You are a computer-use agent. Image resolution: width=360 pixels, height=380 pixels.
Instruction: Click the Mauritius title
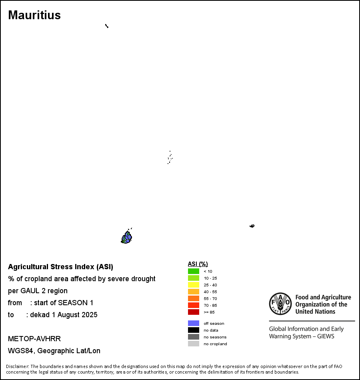pos(34,15)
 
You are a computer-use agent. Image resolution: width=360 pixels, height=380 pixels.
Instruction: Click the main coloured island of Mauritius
pos(127,238)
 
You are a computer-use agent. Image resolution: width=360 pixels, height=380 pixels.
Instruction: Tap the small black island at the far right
pos(252,226)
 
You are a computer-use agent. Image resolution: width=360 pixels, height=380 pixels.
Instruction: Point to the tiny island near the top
pos(107,26)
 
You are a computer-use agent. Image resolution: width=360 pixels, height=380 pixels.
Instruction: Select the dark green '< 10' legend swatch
pos(194,271)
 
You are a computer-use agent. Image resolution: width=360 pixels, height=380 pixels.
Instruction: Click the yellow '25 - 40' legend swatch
pos(194,285)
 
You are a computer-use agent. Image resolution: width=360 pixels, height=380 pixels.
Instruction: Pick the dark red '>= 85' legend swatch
pos(194,312)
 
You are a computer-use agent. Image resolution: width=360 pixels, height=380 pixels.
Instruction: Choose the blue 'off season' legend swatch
pos(194,323)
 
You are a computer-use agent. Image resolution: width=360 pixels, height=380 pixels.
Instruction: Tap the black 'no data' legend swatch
pos(194,330)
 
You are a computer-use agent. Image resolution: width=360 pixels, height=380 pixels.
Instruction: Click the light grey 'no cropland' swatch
pos(194,344)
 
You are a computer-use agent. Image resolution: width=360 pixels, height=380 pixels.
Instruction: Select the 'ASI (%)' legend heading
pos(198,264)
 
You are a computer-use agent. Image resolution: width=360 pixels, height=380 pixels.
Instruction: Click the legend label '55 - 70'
pos(210,298)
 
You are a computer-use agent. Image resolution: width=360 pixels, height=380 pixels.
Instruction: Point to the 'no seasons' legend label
pos(215,337)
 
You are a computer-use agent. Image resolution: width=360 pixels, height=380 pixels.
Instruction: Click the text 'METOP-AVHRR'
pos(34,339)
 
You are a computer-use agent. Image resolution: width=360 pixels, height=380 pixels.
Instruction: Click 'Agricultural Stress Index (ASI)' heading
pos(60,267)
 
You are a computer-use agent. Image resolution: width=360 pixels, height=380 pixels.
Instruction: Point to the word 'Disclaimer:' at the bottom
pos(17,366)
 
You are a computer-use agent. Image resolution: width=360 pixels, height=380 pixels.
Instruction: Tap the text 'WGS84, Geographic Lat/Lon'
pos(54,351)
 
